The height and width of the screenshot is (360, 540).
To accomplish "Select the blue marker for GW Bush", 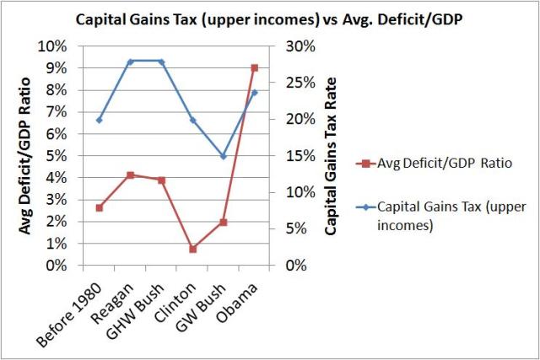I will tap(224, 156).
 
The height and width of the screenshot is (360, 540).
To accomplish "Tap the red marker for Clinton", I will tap(192, 249).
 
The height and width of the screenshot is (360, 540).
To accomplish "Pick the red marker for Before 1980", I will tap(99, 207).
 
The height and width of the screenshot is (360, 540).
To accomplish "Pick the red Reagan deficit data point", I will tap(130, 175).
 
